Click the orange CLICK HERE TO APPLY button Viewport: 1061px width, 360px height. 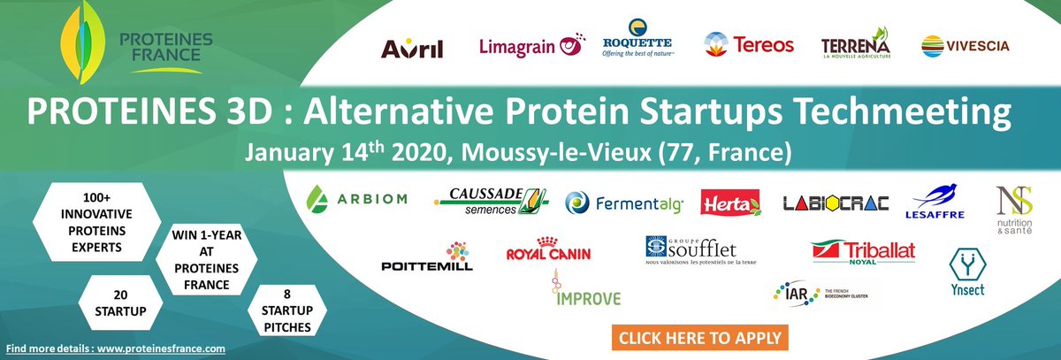pos(698,338)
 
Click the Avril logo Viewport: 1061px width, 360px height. pos(411,48)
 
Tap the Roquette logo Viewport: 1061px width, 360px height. pos(637,40)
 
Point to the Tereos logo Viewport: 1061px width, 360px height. pos(749,44)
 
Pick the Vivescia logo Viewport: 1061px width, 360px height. pos(965,45)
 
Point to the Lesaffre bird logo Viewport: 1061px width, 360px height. pos(935,202)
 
